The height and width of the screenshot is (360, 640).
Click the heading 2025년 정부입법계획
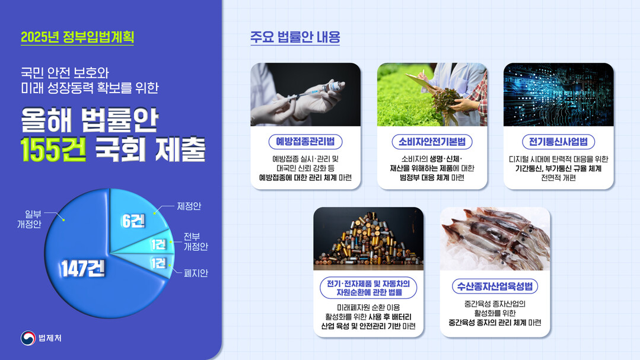point(77,37)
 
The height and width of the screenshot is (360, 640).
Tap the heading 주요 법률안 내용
point(295,37)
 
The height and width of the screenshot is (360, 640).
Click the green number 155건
point(53,149)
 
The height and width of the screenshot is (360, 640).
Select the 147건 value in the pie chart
point(83,269)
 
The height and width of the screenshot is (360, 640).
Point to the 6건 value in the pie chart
point(133,221)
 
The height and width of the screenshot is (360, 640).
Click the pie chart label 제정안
point(189,206)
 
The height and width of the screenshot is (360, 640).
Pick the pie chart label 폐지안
point(196,273)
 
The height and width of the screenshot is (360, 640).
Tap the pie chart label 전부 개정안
point(196,241)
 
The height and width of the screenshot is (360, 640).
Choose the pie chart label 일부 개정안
point(29,219)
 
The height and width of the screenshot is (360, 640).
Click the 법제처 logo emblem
point(28,338)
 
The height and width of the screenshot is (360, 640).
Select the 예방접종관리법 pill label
point(305,142)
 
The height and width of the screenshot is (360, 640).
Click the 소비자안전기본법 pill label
point(432,142)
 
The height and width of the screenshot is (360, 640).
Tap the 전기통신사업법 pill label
point(558,142)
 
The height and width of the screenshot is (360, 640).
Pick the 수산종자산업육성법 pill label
point(495,286)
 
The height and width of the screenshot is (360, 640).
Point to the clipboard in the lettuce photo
point(421,82)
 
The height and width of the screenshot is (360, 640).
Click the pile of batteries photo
point(368,238)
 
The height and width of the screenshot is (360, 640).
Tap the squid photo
point(495,238)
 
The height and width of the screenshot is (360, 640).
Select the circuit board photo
point(558,94)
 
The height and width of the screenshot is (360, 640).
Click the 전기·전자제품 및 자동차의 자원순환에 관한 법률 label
point(368,288)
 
